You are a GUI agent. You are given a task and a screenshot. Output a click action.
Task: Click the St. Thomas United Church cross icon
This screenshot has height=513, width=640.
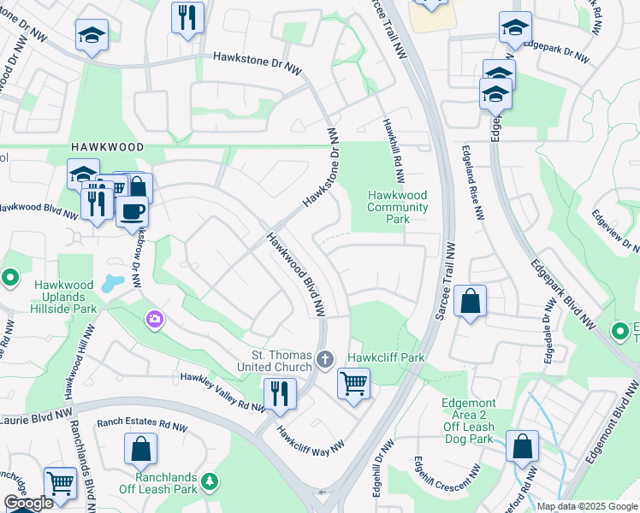[324, 359]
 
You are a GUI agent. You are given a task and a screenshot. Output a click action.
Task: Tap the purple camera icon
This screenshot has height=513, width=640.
[154, 320]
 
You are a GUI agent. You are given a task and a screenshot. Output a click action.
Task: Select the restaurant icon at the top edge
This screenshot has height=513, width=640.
[187, 16]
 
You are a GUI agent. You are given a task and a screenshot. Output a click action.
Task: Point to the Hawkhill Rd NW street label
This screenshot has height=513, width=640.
[395, 150]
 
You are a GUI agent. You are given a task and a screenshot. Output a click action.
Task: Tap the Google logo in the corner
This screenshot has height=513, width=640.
[28, 504]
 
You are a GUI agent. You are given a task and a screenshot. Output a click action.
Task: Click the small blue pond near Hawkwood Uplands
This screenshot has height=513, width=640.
[111, 283]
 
